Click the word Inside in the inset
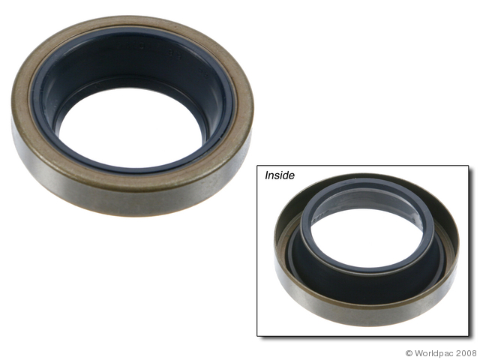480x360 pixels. tap(279, 175)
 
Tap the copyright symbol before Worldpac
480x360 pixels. tap(409, 352)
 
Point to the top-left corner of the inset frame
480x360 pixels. tap(258, 165)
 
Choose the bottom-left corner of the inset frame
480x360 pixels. tap(258, 335)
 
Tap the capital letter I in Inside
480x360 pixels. tap(266, 175)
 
